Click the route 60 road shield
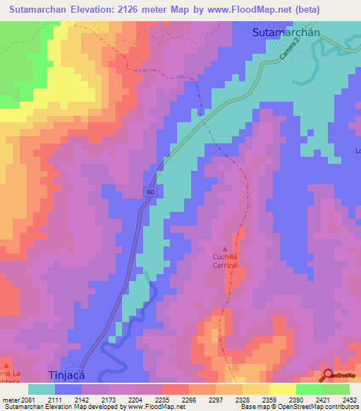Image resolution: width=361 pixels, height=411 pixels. pos(151,192)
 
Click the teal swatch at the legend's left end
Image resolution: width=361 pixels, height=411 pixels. pos(42,389)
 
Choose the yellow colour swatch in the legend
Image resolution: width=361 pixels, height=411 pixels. pos(282,389)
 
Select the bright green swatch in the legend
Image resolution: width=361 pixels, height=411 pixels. pos(309,389)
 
